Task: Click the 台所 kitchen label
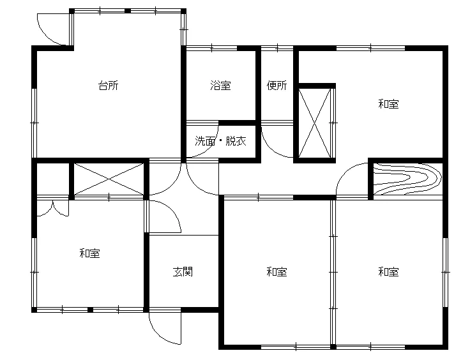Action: tap(109, 86)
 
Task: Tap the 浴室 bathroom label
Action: tap(220, 86)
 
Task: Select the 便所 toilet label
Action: tap(277, 86)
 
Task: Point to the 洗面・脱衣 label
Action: tap(220, 141)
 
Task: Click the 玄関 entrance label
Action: tap(183, 272)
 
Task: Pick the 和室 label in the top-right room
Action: tap(388, 104)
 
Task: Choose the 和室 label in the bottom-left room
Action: tap(89, 253)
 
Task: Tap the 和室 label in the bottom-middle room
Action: tap(277, 272)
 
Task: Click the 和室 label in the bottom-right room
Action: tap(388, 272)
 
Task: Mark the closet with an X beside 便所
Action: tap(314, 123)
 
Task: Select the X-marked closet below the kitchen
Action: tap(109, 179)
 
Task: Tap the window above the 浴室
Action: tap(211, 48)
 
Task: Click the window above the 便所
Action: tap(277, 48)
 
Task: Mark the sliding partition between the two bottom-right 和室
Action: tap(333, 272)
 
